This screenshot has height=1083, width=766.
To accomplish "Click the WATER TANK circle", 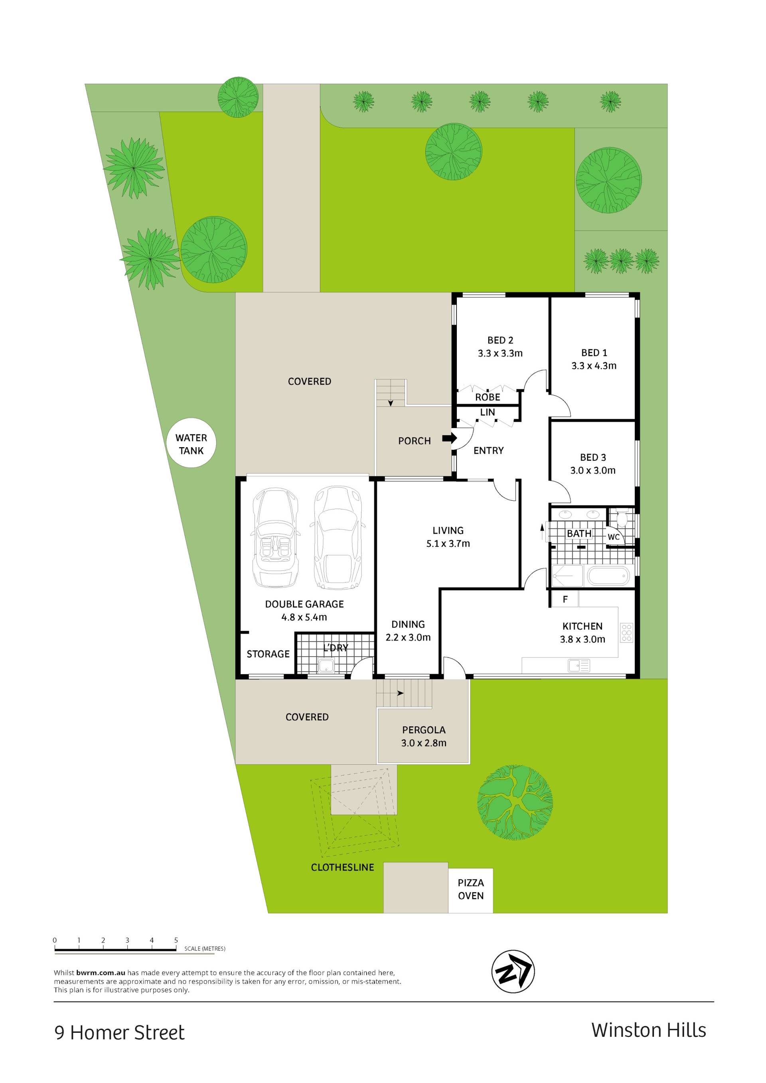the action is click(x=191, y=444).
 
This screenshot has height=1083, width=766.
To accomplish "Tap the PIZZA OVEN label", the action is click(x=471, y=889).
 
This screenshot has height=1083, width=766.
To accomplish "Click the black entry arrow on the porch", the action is click(x=450, y=439).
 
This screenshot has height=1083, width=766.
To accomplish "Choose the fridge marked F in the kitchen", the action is click(x=565, y=600).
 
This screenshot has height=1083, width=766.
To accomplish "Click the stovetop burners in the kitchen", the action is click(x=626, y=633).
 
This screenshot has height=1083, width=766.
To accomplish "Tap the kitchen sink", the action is click(x=579, y=665).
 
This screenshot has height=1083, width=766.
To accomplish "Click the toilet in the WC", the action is click(x=622, y=519).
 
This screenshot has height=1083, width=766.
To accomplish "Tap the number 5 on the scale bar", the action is click(x=176, y=941).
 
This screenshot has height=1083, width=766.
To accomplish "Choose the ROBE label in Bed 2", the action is click(x=488, y=397).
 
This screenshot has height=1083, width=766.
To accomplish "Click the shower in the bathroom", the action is click(x=567, y=576).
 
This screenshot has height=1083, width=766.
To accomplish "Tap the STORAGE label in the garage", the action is click(x=268, y=654).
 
